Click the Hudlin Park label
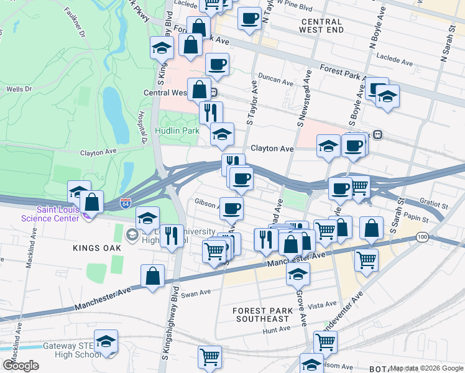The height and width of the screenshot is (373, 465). [177, 131]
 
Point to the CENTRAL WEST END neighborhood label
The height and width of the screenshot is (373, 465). [321, 25]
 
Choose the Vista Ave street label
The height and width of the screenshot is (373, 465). [322, 306]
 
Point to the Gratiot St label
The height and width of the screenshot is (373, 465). [433, 204]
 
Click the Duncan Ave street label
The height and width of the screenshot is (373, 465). [277, 81]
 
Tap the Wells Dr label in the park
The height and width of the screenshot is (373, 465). [19, 90]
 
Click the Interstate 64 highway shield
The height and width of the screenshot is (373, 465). [126, 203]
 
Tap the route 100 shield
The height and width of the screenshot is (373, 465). [422, 237]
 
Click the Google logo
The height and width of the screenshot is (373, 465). [21, 366]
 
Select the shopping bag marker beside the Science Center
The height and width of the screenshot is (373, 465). [91, 202]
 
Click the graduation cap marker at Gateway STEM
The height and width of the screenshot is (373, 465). [106, 341]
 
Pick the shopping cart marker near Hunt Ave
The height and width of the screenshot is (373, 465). [325, 341]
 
